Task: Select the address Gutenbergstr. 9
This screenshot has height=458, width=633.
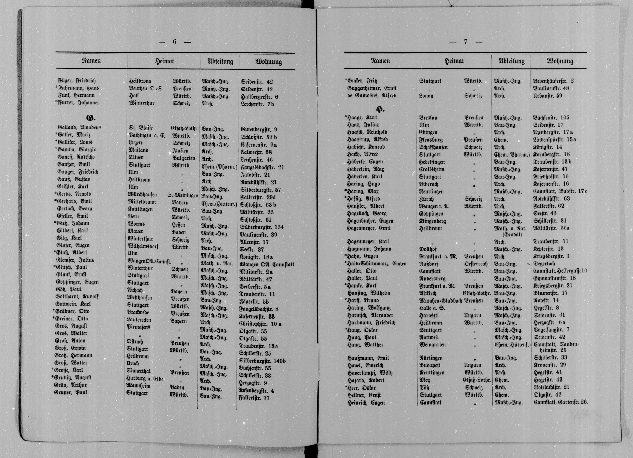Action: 259,130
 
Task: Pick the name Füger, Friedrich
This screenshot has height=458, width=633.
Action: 77,81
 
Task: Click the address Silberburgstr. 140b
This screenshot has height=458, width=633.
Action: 262,361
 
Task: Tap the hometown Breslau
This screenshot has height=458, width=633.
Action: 428,118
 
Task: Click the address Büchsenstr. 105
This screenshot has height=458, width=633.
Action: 551,118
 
